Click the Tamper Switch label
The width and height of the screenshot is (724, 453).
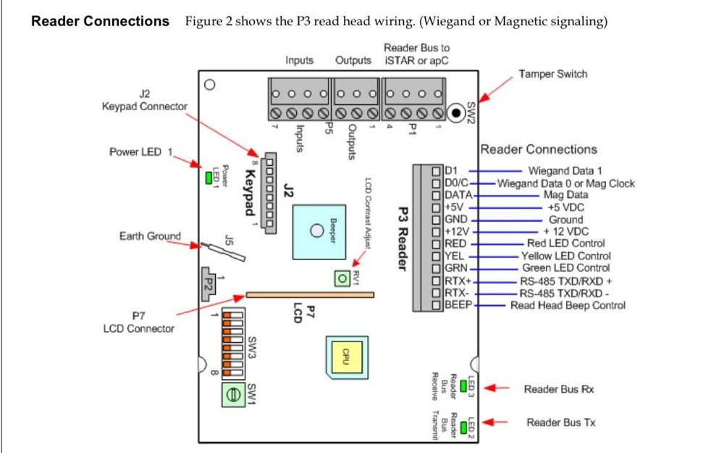point(552,74)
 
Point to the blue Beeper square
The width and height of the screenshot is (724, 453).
point(316,230)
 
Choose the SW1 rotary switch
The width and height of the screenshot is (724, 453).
point(232,395)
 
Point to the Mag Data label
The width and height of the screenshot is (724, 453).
point(565,195)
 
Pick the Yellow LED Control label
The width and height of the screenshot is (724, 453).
point(565,256)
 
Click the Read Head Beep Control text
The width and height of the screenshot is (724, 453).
point(568,305)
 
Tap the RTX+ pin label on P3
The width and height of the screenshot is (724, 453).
point(458,280)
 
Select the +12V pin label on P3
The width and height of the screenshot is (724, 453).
point(458,231)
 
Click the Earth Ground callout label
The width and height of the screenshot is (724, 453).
point(150,236)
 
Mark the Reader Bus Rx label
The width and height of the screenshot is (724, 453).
point(559,389)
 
